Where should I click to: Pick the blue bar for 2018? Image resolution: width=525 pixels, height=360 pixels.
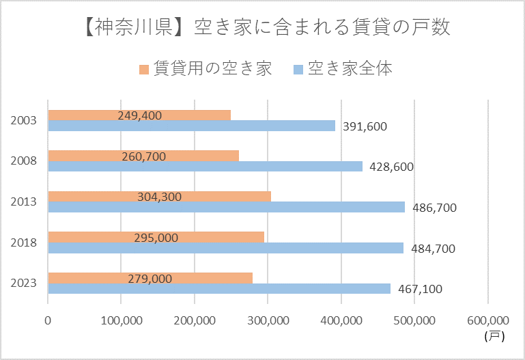coord(225,248)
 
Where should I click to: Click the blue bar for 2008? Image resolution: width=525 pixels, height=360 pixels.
coord(205,166)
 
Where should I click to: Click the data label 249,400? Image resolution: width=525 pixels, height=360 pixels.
coord(139,115)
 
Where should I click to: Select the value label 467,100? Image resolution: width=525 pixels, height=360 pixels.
coord(420,289)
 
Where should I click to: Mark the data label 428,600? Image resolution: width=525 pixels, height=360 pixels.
coord(391,167)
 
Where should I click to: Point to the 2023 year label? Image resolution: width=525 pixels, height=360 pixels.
coord(24,283)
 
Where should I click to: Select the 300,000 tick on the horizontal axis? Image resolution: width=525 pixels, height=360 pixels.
coord(268,320)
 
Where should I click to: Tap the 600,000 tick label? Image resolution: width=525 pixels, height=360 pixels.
coord(488,320)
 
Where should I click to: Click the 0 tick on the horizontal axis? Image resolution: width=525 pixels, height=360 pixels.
coord(48,320)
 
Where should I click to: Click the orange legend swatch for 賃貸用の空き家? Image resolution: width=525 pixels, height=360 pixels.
coord(144,70)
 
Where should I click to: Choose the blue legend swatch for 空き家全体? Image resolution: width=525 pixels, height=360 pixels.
coord(298,70)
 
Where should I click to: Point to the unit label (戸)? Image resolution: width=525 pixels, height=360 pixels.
coord(493,335)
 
